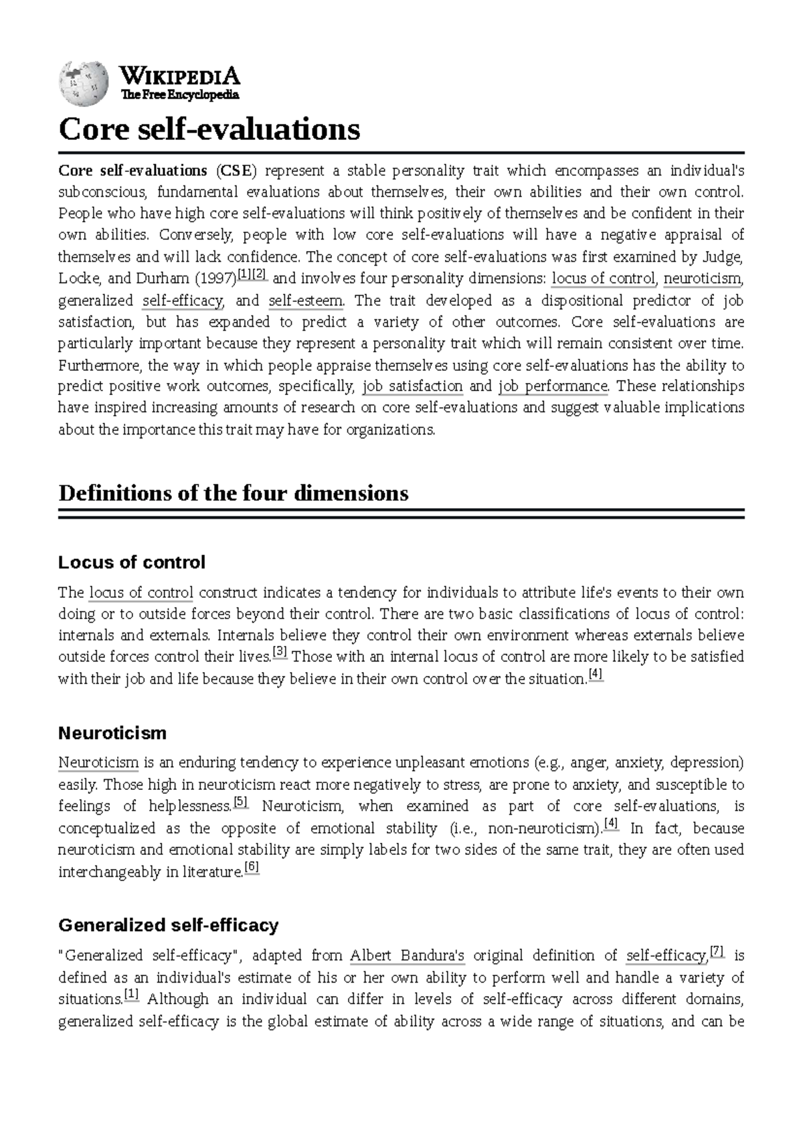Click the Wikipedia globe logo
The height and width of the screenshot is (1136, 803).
click(84, 83)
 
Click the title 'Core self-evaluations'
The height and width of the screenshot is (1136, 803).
click(209, 129)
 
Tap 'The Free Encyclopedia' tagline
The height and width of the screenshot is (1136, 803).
click(179, 95)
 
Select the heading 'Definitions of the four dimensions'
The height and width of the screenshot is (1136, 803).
click(233, 493)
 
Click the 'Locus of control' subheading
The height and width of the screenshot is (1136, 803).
click(132, 562)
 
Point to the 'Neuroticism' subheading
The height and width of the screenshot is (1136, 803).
click(112, 733)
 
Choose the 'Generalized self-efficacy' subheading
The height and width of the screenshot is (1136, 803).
click(168, 925)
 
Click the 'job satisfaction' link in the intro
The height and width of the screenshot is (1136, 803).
click(412, 387)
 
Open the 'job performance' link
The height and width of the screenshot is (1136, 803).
click(553, 387)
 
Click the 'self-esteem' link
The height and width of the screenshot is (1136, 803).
click(306, 301)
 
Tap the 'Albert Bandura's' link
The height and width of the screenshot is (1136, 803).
click(408, 956)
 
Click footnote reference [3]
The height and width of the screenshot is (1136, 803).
click(280, 651)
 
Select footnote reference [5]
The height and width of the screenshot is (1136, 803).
click(241, 801)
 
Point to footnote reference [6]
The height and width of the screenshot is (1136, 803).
click(251, 867)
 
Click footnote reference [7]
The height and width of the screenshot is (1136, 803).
click(717, 951)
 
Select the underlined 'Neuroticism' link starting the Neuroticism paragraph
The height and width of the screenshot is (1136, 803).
click(98, 763)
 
